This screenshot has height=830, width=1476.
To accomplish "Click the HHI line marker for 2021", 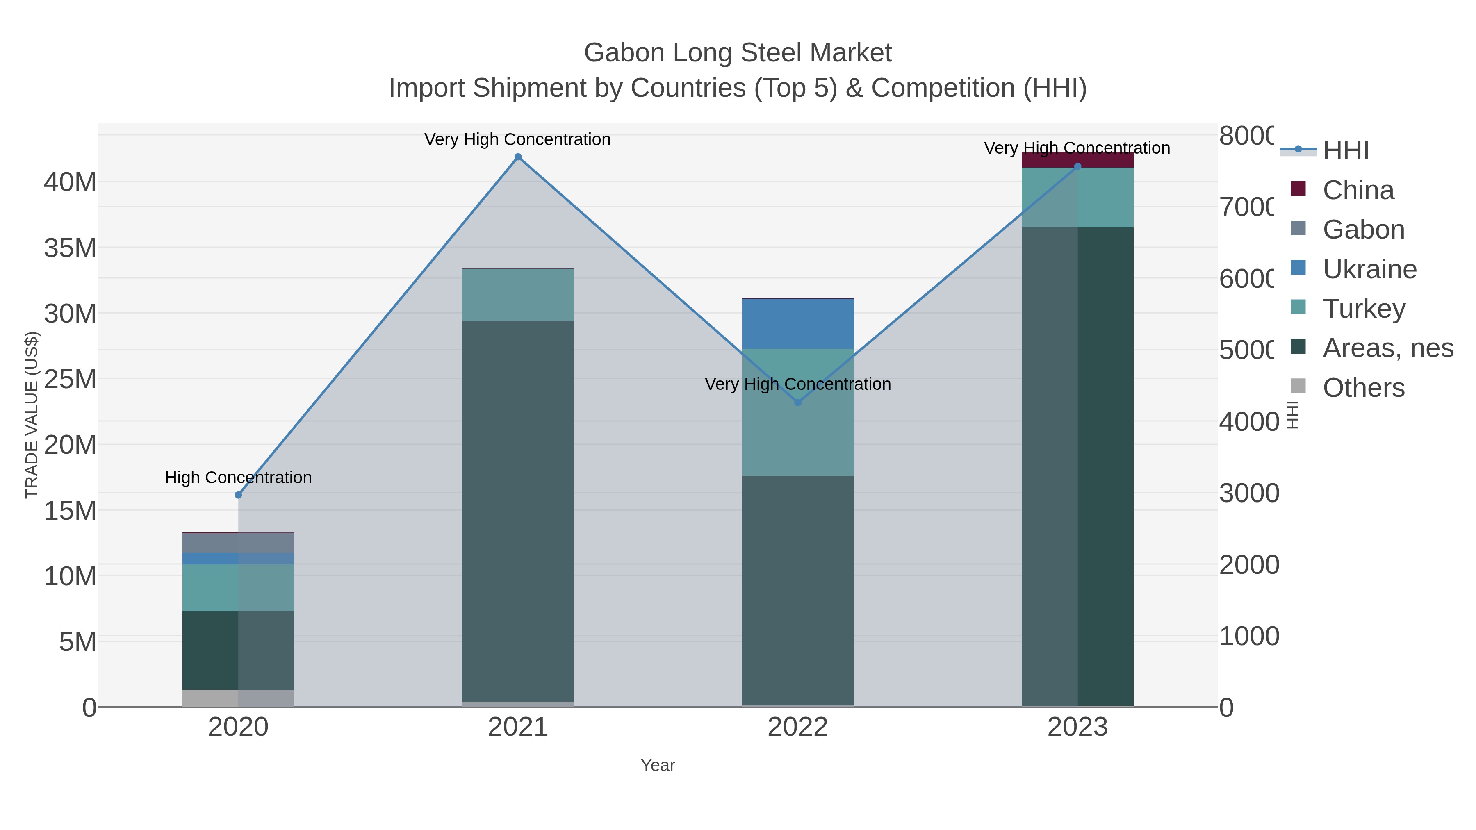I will coord(518,157).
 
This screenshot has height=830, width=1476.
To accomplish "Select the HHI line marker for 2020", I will coord(238,495).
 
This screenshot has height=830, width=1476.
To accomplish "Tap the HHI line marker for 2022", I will coord(797,402).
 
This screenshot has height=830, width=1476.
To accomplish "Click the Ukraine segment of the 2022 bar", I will coord(797,324).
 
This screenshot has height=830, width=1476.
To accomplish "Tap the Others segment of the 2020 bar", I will coord(238,698).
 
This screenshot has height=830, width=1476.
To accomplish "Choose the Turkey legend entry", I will coord(1364,309).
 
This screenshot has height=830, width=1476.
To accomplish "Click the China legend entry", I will coord(1358,190).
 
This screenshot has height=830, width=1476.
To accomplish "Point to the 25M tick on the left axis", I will coord(70,379).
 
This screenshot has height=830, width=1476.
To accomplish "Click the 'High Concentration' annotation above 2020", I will coord(238,478).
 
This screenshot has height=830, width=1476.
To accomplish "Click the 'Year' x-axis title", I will coord(658,765).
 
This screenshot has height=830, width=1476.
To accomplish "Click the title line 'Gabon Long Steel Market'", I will coord(738,53).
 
